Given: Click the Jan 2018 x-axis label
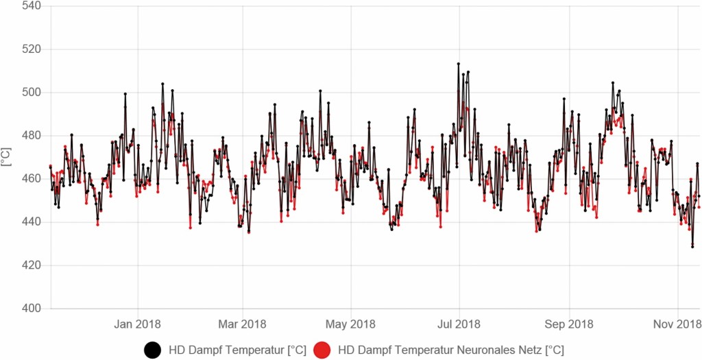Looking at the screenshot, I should tap(138, 324).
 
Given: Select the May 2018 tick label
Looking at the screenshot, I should tap(351, 324).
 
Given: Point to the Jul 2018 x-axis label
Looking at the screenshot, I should tap(459, 324).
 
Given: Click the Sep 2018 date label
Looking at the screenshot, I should tap(568, 324).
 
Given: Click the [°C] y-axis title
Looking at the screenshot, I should tap(7, 157).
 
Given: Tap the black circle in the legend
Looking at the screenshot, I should tap(152, 350).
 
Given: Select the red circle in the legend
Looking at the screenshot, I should tap(322, 350).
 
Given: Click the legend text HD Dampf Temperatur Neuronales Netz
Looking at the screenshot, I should tap(451, 350).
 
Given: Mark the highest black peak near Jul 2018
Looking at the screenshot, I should tap(458, 64).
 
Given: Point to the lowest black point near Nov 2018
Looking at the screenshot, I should tap(692, 247).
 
